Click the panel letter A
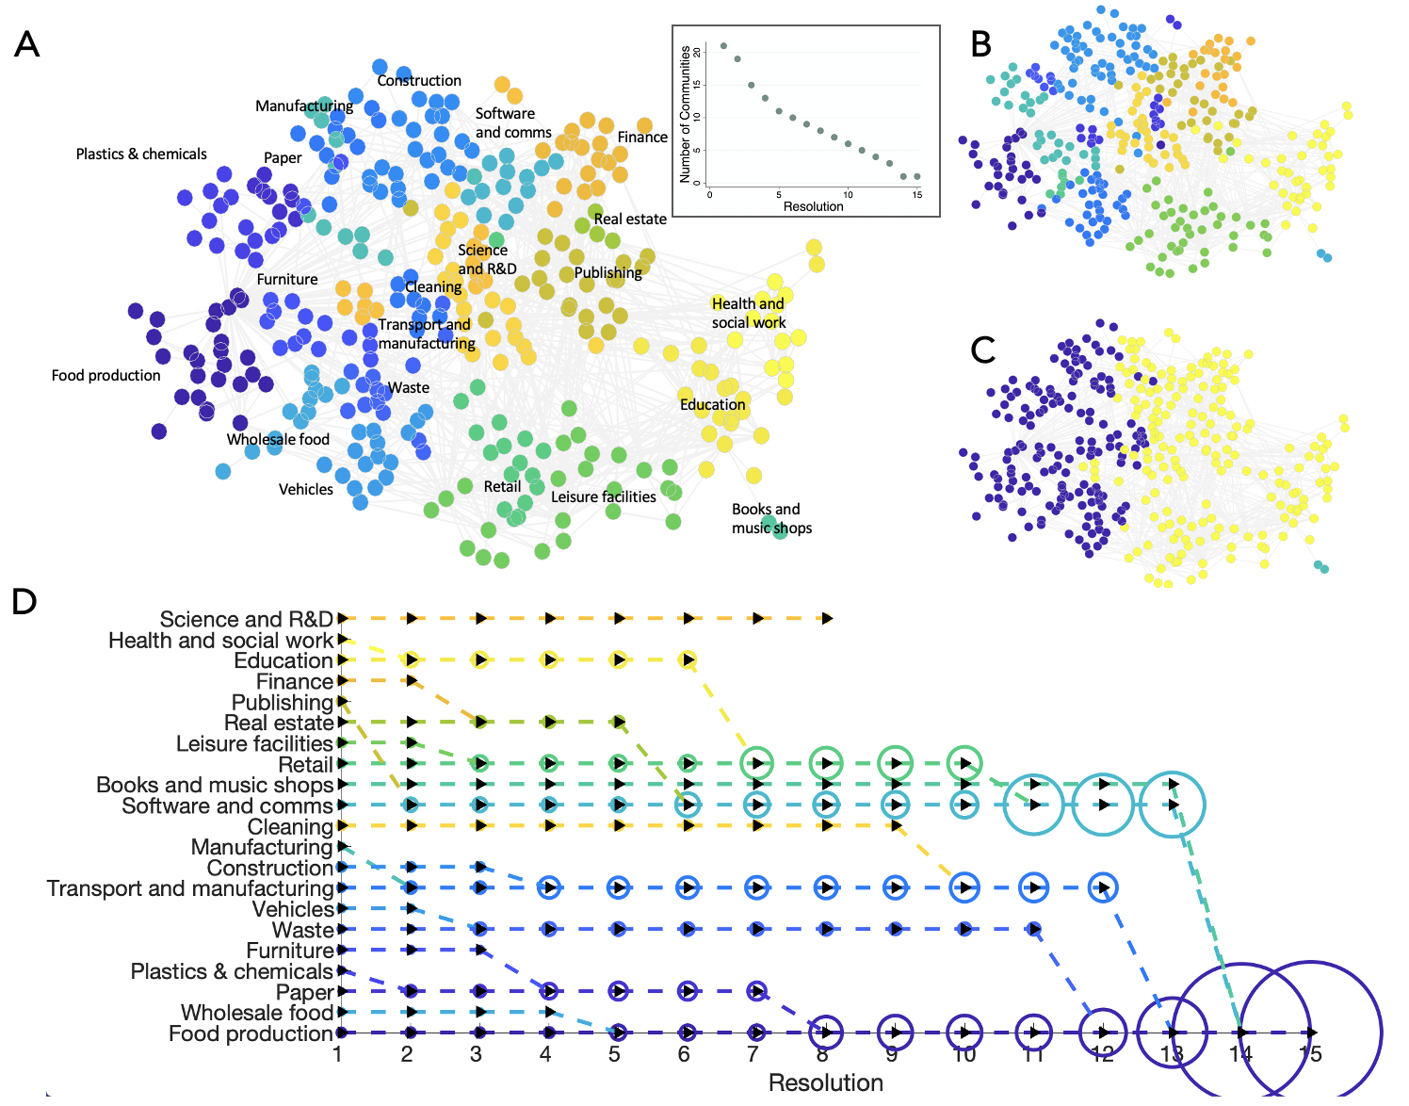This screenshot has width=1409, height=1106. coord(26,44)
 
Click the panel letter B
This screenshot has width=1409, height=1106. coord(981,44)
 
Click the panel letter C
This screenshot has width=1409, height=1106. coord(982,350)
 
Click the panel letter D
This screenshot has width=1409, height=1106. coord(24,601)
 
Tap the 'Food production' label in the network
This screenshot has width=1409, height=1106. coord(105,375)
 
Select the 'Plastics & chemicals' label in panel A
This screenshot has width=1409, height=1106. coord(141,154)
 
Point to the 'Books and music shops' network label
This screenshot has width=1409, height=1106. coord(770,518)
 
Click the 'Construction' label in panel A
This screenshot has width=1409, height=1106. coord(419,81)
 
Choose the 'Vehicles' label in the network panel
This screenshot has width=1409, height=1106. coord(305,489)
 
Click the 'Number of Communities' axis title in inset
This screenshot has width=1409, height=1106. coord(685,114)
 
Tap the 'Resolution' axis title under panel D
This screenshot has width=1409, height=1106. coord(825,1082)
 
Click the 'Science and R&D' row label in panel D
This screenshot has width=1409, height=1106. coord(247,619)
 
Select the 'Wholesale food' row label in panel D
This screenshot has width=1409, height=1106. coord(257,1013)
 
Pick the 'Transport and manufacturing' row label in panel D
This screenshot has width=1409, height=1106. coord(190,888)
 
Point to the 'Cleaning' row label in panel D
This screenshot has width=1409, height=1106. coord(290,826)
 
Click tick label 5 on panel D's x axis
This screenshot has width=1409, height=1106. coord(614,1054)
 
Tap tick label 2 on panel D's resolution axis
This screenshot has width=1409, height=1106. coord(407,1054)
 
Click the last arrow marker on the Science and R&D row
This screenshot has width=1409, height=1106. coord(827,618)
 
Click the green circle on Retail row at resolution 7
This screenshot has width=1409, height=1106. coord(757,763)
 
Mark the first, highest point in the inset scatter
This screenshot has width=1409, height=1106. coord(723,45)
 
